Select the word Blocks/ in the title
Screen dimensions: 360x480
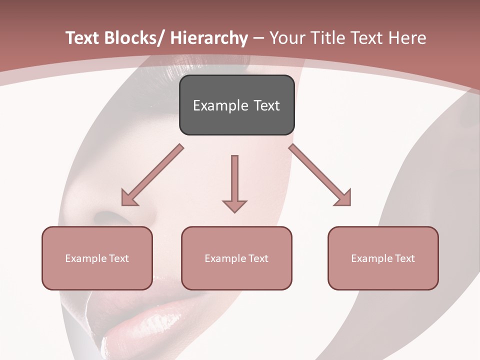131,38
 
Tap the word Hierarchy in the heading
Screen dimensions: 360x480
208,38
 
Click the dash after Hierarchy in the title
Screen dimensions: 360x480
258,38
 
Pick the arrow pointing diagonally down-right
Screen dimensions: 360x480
320,175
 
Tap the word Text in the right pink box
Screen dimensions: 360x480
404,258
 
